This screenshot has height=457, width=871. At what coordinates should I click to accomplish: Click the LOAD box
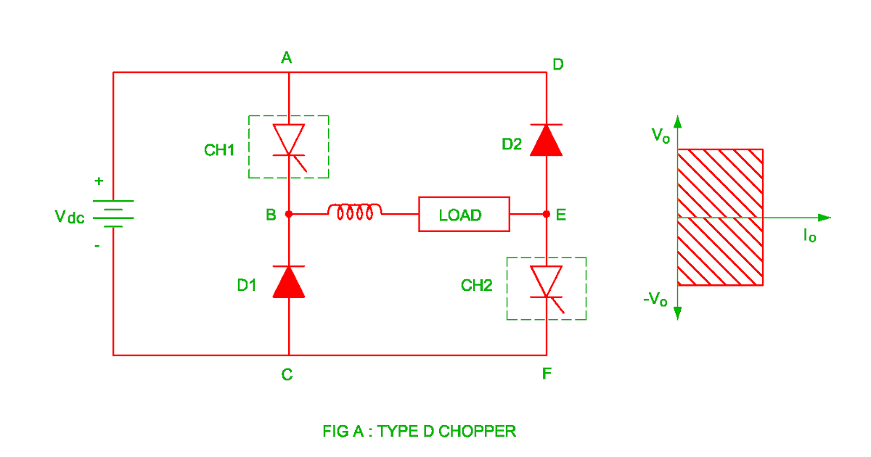[464, 215]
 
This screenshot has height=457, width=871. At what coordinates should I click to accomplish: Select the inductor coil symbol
[355, 212]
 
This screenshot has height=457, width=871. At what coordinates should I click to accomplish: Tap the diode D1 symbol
[289, 282]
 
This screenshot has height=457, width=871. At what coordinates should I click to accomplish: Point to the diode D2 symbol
[546, 140]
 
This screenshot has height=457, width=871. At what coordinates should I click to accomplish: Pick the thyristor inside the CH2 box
[547, 283]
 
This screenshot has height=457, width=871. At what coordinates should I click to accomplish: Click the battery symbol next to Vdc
[113, 213]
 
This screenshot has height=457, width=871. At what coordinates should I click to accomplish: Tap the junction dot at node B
[289, 215]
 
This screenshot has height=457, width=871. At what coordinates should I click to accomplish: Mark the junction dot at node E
[547, 215]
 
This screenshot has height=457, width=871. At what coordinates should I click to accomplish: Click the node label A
[287, 58]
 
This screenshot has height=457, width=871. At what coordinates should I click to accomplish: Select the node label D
[557, 65]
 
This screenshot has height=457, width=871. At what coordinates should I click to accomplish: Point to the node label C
[287, 374]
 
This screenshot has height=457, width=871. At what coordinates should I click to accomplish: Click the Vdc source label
[70, 216]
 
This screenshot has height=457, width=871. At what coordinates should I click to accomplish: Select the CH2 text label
[477, 286]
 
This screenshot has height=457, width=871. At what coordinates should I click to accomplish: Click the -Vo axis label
[655, 300]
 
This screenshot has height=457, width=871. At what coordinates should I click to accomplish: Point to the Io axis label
[809, 234]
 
